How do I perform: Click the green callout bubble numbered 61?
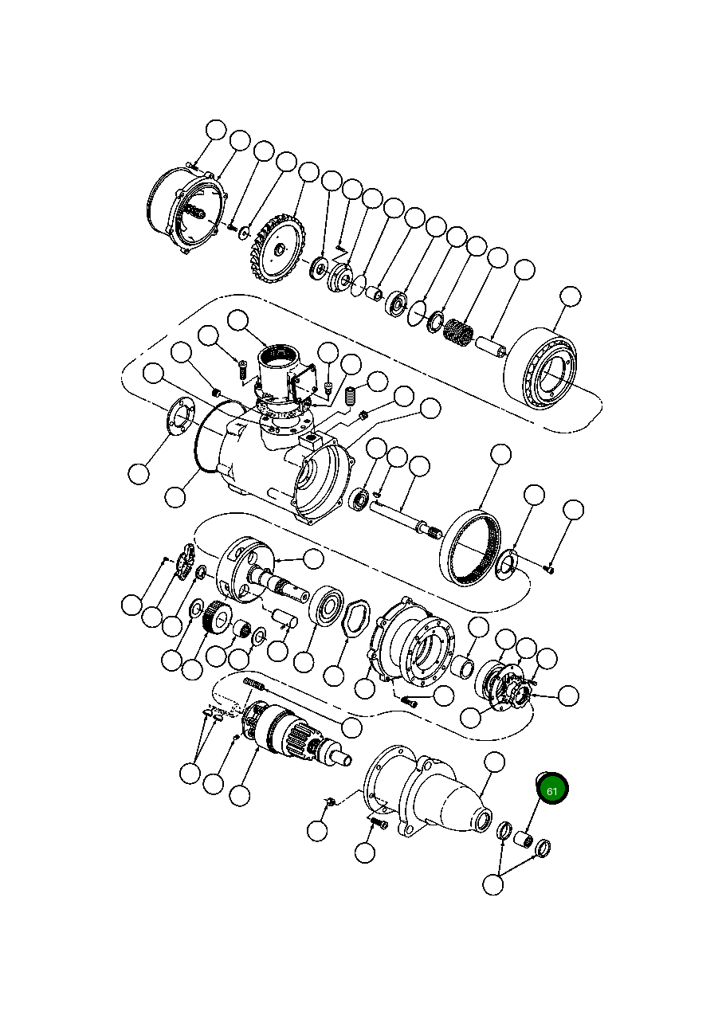(551, 790)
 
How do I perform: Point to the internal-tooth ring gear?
(476, 550)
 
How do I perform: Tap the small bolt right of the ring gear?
(549, 568)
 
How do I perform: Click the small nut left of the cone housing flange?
(329, 800)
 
